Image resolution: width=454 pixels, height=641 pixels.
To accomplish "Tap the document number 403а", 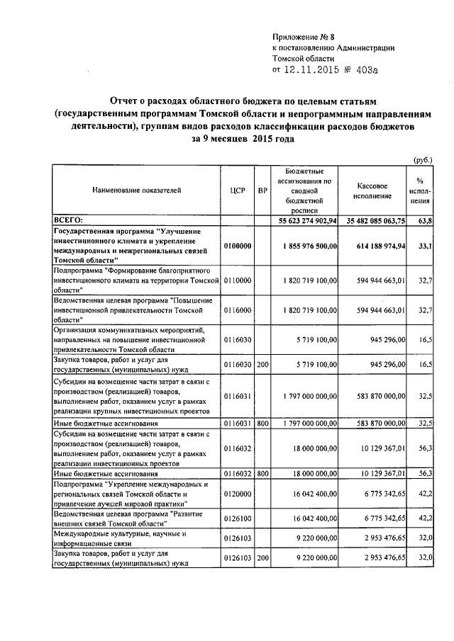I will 366,70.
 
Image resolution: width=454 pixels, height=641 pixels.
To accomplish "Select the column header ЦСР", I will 238,191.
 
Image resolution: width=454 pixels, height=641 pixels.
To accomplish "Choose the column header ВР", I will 262,191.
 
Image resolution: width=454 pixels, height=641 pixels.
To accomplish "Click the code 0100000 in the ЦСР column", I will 238,246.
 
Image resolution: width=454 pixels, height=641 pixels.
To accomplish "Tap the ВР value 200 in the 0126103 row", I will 262,558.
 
